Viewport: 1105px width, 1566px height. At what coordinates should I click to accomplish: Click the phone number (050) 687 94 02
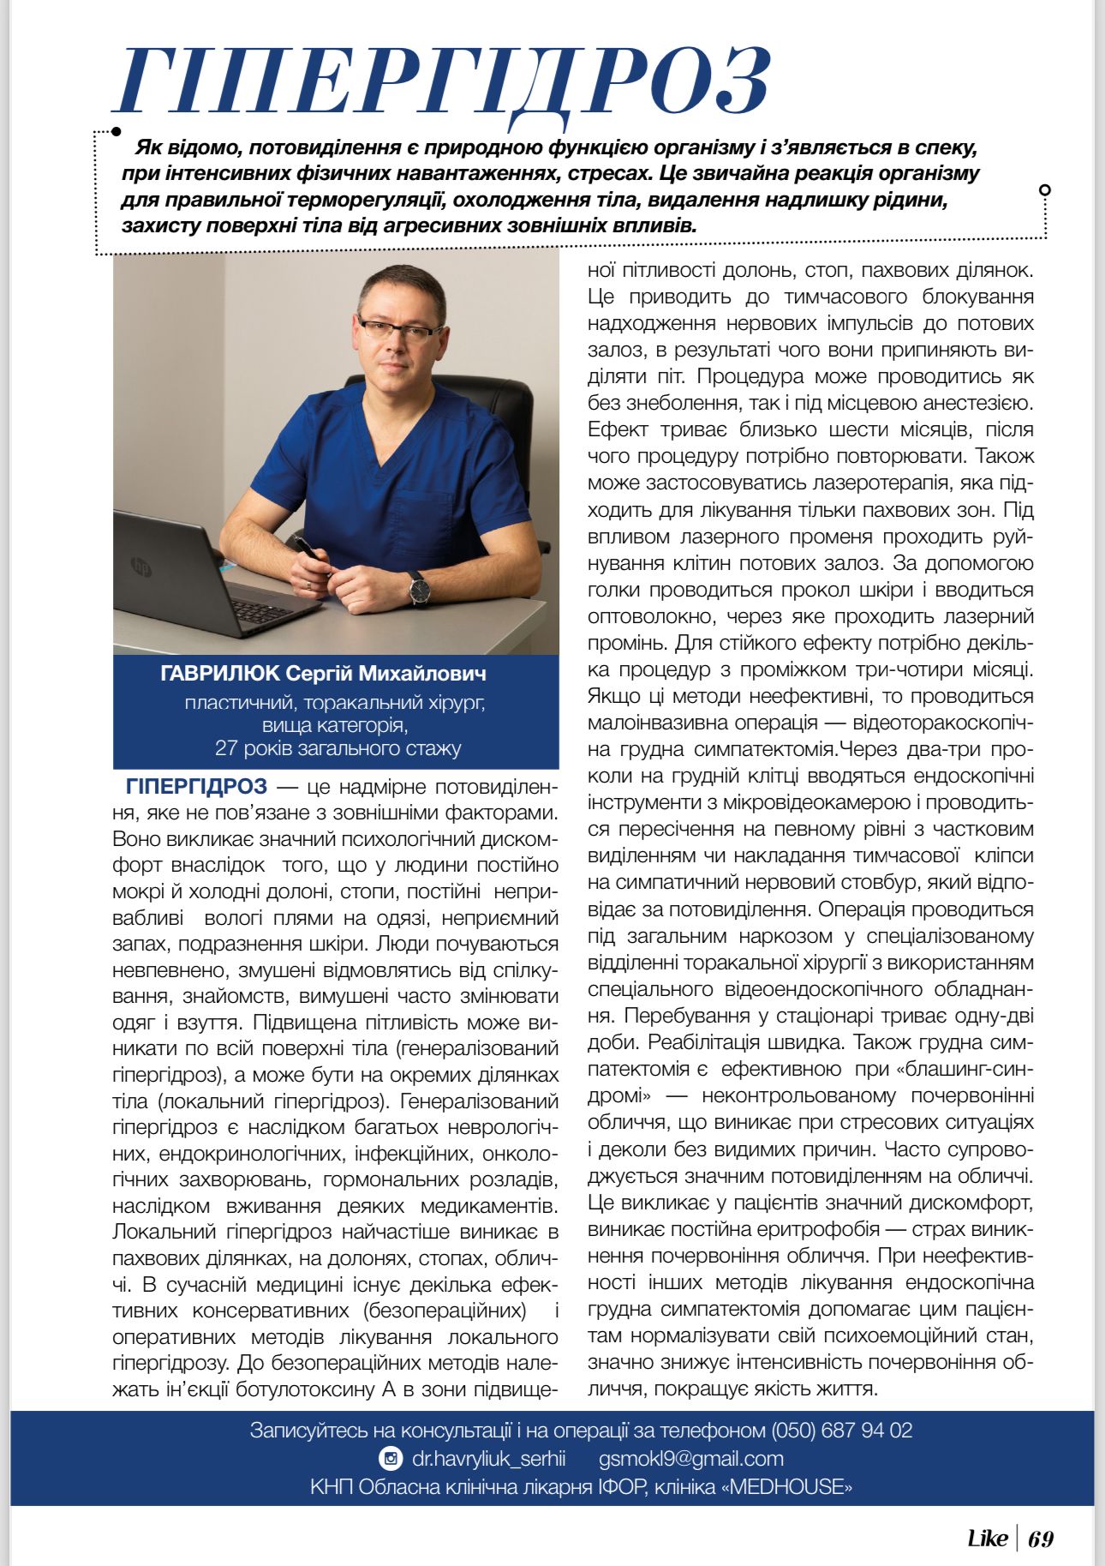point(842,1431)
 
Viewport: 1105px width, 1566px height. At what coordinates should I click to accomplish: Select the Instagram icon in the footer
point(390,1459)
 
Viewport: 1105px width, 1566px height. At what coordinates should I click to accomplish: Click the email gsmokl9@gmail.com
point(691,1459)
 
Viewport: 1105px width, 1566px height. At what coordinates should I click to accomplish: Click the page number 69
point(1041,1538)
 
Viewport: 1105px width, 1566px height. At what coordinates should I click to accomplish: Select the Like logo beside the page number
point(987,1538)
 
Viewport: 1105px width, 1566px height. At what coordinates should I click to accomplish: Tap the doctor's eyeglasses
point(400,328)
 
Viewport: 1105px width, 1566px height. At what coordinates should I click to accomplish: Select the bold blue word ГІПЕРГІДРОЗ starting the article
point(196,786)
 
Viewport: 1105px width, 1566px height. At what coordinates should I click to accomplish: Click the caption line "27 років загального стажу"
point(337,748)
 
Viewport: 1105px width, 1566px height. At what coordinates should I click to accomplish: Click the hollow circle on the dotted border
point(1044,189)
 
